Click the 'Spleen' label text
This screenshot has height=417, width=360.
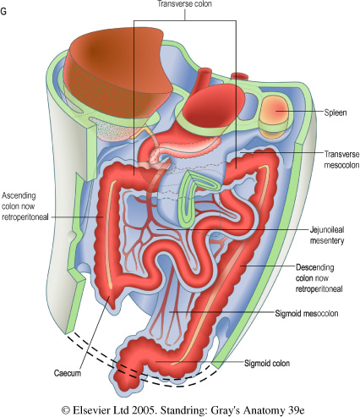click(x=335, y=112)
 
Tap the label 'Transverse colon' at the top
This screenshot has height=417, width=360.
click(x=185, y=4)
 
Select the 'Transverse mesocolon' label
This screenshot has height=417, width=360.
click(x=341, y=159)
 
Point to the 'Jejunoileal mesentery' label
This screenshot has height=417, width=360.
click(x=327, y=235)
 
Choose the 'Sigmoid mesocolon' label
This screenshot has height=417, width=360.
click(x=307, y=314)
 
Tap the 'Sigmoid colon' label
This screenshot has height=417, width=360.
click(x=267, y=363)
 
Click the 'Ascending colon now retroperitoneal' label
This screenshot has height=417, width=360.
click(x=25, y=206)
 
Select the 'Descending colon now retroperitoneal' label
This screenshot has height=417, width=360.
click(x=319, y=278)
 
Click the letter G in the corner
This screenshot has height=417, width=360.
click(x=3, y=12)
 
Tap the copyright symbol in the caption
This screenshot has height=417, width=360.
click(x=66, y=410)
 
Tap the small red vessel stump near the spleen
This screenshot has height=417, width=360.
click(x=239, y=76)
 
